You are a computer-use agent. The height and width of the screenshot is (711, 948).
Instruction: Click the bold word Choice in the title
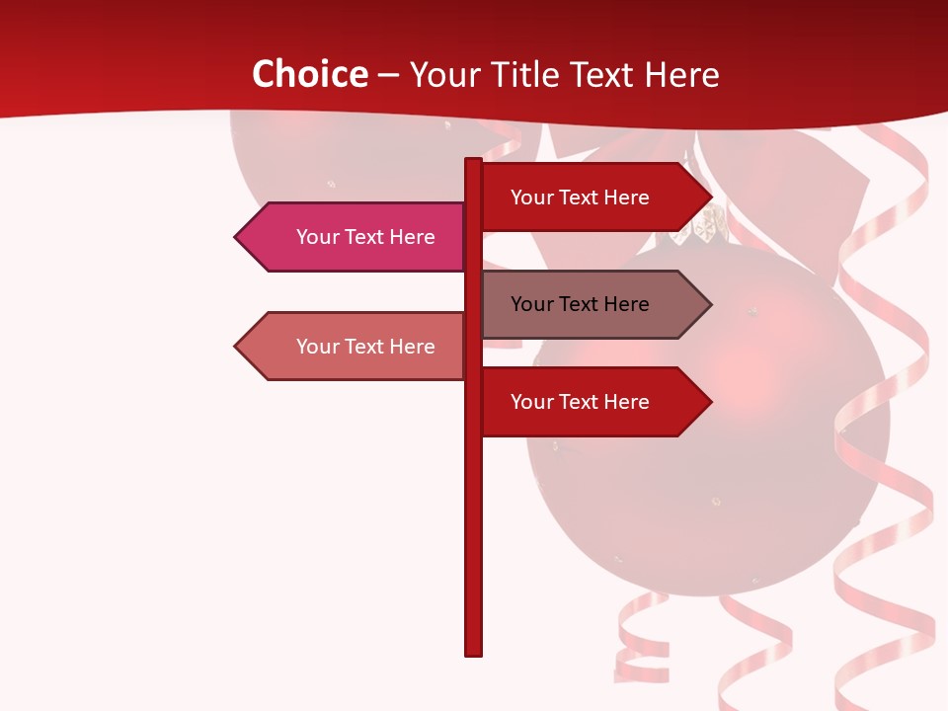coord(309,74)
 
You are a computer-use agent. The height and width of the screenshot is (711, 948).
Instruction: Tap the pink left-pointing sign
coord(355,237)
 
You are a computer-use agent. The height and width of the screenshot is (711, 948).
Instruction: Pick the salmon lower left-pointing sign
coord(355,347)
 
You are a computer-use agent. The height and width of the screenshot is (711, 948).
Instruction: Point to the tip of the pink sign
coord(237,237)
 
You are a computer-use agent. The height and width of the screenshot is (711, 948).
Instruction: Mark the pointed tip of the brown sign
coord(709,304)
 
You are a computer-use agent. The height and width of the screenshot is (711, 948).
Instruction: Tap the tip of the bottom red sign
coord(709,402)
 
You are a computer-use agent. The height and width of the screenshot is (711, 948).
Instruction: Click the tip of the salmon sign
coord(237,347)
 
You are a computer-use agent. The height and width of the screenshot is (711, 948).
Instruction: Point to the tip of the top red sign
coord(709,197)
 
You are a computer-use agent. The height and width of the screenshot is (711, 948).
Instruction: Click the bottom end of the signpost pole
coord(473,652)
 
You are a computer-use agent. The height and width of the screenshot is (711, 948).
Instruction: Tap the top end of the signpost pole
coord(473,161)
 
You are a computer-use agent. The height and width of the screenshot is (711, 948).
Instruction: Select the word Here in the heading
coord(682,74)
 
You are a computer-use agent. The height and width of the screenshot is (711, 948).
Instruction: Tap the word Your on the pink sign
coord(317,237)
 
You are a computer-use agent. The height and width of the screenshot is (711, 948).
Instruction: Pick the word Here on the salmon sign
coord(412,347)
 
